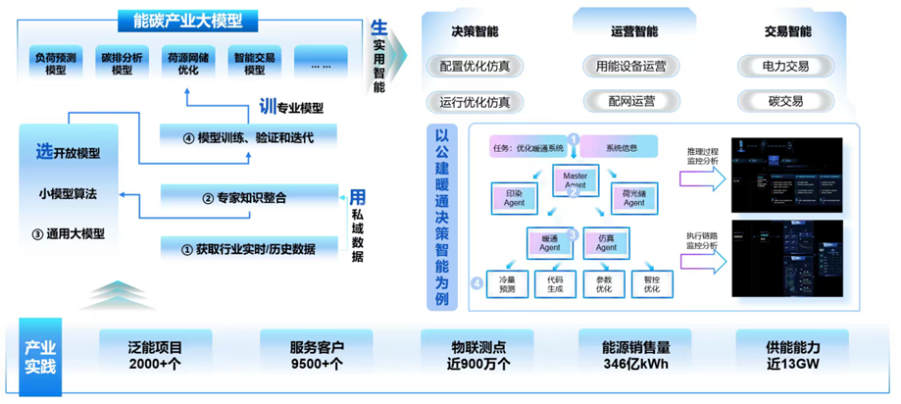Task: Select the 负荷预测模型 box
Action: pyautogui.click(x=56, y=63)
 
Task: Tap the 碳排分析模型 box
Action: pyautogui.click(x=123, y=63)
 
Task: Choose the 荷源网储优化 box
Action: pyautogui.click(x=188, y=63)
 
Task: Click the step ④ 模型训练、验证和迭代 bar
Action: pyautogui.click(x=247, y=137)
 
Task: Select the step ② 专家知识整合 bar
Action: pyautogui.click(x=247, y=198)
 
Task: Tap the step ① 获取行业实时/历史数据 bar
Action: pyautogui.click(x=247, y=249)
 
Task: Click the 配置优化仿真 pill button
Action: pyautogui.click(x=475, y=67)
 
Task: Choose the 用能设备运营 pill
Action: pyautogui.click(x=631, y=67)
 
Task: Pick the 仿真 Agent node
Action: pyautogui.click(x=606, y=242)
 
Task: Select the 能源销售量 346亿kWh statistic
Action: pyautogui.click(x=636, y=356)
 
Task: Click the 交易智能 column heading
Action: pyautogui.click(x=787, y=31)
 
